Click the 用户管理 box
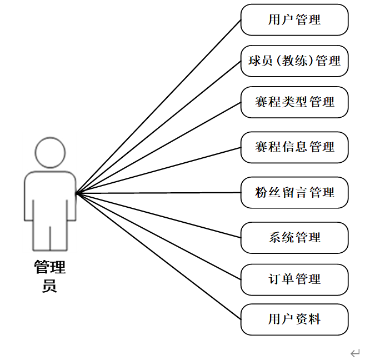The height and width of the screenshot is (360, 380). pos(294,20)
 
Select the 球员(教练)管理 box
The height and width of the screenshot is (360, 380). pos(294,61)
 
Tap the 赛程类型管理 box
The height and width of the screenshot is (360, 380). pos(294,102)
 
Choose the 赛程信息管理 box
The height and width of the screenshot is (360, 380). pos(294,147)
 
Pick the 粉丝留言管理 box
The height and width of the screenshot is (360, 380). pos(294,193)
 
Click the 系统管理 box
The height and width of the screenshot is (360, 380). pos(294,238)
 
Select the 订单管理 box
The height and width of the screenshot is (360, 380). pos(294,279)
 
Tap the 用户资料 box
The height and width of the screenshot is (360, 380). pos(294,319)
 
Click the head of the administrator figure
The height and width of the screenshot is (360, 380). pos(50,151)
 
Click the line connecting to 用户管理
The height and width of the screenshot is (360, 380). pos(158,107)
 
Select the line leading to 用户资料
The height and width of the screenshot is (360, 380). pos(158,257)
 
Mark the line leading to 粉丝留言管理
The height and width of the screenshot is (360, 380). pos(158,193)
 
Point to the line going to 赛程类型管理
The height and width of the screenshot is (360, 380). pos(158,147)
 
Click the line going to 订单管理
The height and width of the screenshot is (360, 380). pos(158,236)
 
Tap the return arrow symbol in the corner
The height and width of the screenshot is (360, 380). pos(356,352)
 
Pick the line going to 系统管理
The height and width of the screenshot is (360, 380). pos(158,216)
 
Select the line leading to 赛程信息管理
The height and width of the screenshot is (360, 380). pos(158,170)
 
